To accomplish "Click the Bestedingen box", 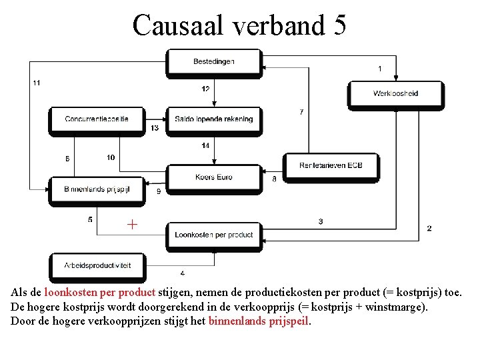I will click(214, 62).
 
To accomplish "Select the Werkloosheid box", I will click(395, 93).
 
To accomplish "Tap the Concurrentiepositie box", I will click(97, 119).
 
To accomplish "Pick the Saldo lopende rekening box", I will click(214, 119).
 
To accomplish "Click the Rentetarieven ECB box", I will click(331, 165).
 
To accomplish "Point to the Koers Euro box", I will click(214, 177).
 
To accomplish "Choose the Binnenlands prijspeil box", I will click(97, 189).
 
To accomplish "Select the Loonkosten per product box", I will click(214, 235).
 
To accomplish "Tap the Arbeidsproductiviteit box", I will click(97, 265).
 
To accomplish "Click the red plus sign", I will click(133, 225).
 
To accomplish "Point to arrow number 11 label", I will click(36, 83).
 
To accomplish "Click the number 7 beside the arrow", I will click(301, 111).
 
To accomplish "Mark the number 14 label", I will click(205, 145).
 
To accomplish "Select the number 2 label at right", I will click(429, 228).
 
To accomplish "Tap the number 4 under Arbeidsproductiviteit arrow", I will click(183, 273).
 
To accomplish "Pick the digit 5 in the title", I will click(338, 25).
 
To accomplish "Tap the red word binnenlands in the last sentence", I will click(237, 321).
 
